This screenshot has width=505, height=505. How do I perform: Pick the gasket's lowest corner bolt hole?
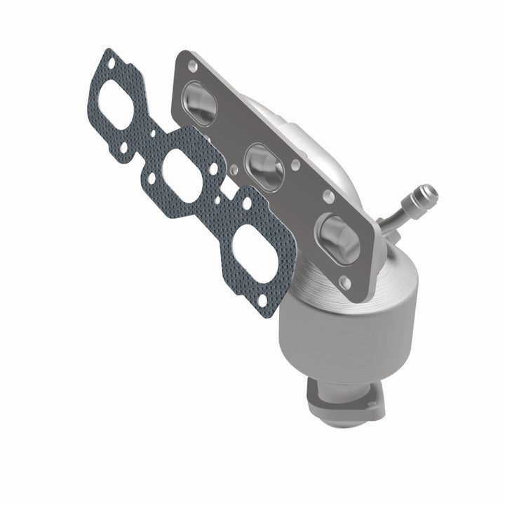pos(261,301)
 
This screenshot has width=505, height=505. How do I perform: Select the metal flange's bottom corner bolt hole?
pos(344,281)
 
